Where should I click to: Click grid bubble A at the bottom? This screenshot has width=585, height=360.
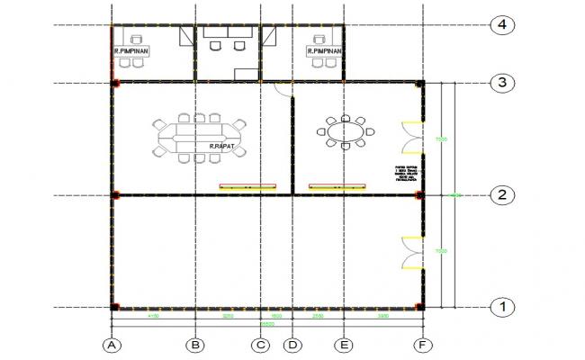tap(112, 344)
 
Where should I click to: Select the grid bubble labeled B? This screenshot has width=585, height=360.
tap(195, 344)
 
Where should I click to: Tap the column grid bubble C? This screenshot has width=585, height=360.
tap(260, 344)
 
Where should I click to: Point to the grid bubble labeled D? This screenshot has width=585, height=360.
tap(292, 344)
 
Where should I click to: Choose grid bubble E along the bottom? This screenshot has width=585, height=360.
tap(344, 344)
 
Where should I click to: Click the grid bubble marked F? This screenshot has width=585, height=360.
tap(422, 344)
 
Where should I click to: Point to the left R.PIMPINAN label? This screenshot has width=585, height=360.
tap(132, 53)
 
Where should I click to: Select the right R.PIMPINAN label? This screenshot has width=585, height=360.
tap(323, 52)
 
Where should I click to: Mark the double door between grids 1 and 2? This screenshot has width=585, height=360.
tap(412, 251)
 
